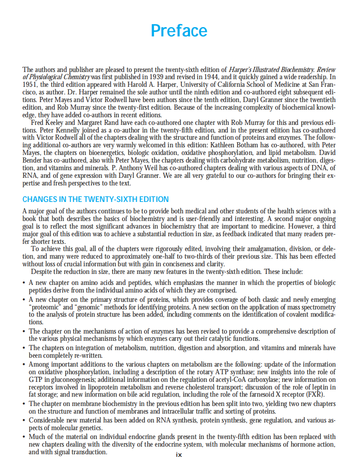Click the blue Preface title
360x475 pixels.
click(x=179, y=31)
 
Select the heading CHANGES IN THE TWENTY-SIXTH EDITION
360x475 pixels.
click(x=95, y=199)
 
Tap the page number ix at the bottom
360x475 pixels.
click(x=179, y=455)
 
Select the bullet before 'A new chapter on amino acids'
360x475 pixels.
click(x=25, y=283)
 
